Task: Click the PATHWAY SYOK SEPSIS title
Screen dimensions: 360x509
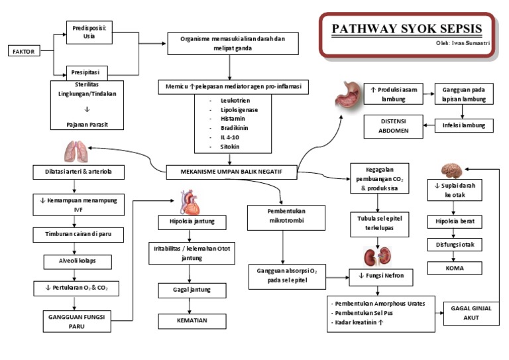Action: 407,29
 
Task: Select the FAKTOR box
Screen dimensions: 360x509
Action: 24,51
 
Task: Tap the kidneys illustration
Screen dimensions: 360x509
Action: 375,257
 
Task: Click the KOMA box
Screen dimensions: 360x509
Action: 455,269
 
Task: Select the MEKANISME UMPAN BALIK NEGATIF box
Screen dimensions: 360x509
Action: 231,171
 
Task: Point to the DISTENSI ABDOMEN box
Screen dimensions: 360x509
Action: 393,126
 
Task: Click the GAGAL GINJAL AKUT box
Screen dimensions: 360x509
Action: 470,314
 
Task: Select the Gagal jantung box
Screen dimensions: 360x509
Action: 192,291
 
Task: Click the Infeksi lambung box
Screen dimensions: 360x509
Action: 464,125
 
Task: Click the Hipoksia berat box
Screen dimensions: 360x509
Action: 455,221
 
